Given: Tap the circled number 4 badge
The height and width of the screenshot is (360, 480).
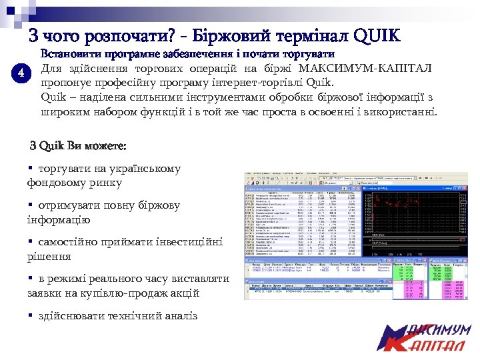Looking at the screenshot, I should pyautogui.click(x=23, y=73).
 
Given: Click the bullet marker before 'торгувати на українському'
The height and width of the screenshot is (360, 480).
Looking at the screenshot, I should pyautogui.click(x=31, y=169).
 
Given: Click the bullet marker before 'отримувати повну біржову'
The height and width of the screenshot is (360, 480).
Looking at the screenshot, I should pyautogui.click(x=31, y=206).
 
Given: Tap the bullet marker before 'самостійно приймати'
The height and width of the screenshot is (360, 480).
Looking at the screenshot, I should pyautogui.click(x=31, y=243).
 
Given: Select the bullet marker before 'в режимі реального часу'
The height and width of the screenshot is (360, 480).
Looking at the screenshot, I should pyautogui.click(x=31, y=279).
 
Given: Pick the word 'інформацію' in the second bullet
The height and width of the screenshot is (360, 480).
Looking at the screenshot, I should pyautogui.click(x=58, y=219).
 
